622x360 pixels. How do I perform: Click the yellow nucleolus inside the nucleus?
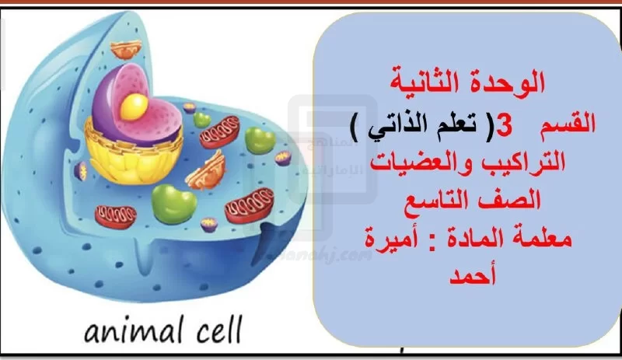pos(134,107)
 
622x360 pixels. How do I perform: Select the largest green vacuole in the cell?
pos(173,204)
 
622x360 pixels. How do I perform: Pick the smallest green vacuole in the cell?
pos(202,120)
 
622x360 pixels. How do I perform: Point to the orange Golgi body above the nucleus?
pos(126,49)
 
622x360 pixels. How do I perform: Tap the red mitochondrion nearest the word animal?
pos(115,217)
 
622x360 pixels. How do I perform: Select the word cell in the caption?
pos(218,330)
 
